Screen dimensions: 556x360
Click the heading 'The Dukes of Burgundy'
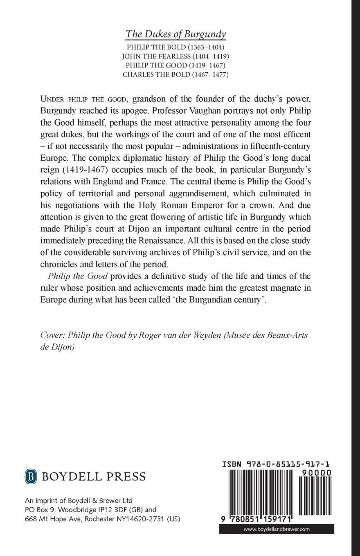click(176, 34)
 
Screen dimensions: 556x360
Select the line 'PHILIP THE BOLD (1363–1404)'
click(175, 47)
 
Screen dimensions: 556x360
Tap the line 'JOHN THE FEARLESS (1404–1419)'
click(175, 56)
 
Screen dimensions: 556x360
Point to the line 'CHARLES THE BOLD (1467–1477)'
click(175, 74)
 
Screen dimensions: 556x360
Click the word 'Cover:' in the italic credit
click(52, 335)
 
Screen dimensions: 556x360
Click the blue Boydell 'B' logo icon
click(29, 476)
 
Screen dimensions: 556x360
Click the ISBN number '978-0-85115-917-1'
click(288, 465)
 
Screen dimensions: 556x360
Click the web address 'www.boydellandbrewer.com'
click(277, 529)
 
